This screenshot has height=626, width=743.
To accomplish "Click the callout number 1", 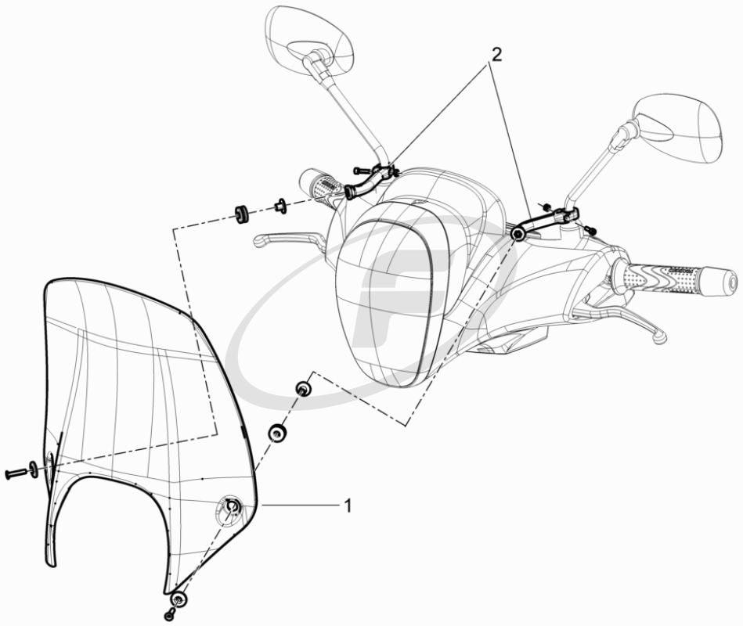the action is pos(348,505).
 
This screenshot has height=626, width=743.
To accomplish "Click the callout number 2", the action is pos(495,55).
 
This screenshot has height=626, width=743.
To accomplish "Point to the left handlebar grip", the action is pos(323,185).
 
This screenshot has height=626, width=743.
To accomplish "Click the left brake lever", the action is pos(289,239).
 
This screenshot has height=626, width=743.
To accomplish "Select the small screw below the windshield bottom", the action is pos(170,615).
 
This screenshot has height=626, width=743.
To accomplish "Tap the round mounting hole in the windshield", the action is pos(231,508).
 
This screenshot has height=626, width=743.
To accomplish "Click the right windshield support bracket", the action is pos(545,222).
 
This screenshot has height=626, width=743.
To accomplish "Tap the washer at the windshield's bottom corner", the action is pos(179,599).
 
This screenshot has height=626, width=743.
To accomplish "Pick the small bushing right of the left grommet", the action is pos(280,207).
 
